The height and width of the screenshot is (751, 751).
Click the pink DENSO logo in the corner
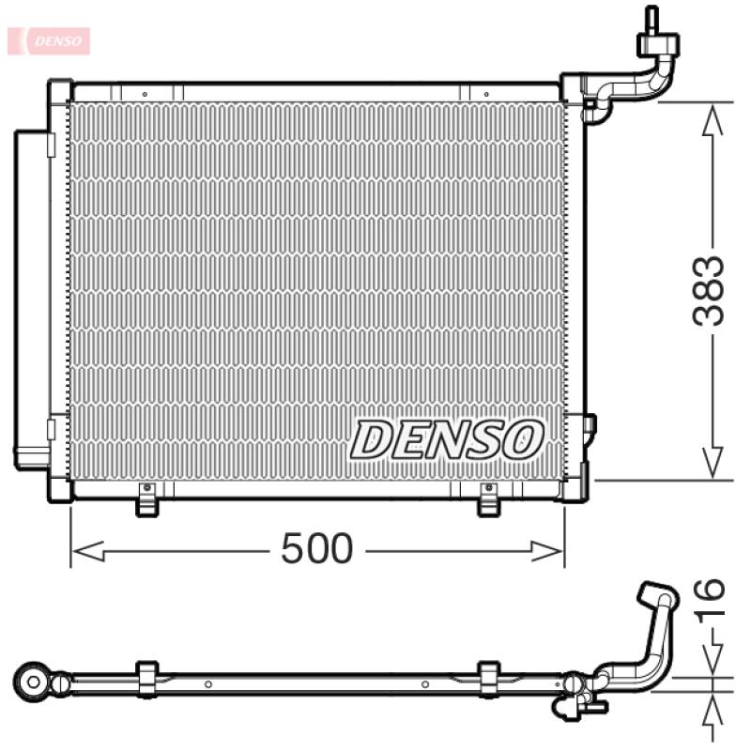pyautogui.click(x=49, y=40)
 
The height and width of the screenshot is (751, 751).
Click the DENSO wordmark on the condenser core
pyautogui.click(x=447, y=439)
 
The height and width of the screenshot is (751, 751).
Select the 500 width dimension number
pyautogui.click(x=316, y=548)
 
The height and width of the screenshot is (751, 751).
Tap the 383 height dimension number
pyautogui.click(x=708, y=291)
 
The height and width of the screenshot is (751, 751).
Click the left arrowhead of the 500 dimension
pyautogui.click(x=88, y=551)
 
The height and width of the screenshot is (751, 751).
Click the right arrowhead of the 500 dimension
pyautogui.click(x=547, y=551)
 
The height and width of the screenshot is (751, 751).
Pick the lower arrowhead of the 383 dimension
pyautogui.click(x=713, y=463)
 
